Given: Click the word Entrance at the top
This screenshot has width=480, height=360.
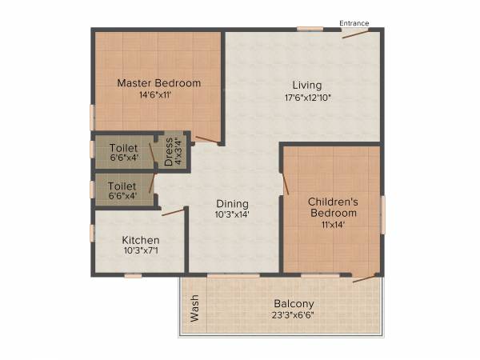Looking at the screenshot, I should (x=354, y=23).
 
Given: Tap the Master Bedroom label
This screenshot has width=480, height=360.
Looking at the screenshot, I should (x=158, y=82).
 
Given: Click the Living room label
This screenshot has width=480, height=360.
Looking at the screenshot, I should (x=306, y=85).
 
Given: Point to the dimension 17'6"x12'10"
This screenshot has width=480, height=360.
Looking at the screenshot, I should (x=306, y=97).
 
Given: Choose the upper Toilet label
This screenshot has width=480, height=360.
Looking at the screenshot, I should (x=122, y=148).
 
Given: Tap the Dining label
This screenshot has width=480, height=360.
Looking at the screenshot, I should (x=232, y=203).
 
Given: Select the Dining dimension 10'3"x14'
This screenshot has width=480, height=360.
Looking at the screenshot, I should (x=232, y=214).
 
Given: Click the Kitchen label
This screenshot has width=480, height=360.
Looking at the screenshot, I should (x=140, y=240).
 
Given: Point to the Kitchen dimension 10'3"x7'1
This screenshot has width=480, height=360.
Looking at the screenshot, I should (x=140, y=251).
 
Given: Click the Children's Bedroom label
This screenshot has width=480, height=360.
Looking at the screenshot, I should (x=333, y=207).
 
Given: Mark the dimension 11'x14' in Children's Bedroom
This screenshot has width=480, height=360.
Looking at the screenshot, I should (x=333, y=226).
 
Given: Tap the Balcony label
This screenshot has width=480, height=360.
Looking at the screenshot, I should (x=294, y=304).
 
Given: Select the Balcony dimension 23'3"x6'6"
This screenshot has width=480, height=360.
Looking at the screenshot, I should (x=294, y=315).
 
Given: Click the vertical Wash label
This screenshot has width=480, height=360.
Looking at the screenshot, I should (x=194, y=309).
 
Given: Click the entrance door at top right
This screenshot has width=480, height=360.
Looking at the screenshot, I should (x=357, y=34).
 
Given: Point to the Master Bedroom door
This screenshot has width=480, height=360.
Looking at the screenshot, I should (x=207, y=140).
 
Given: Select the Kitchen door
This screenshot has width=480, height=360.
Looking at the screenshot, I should (x=173, y=212).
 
